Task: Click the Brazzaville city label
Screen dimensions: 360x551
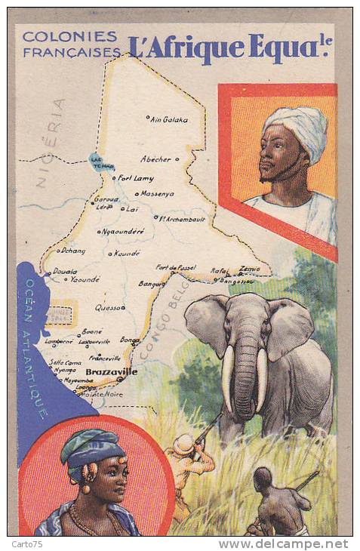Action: (x=112, y=371)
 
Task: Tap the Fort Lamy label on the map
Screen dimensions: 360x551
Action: (x=136, y=178)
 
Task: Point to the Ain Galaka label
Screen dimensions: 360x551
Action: (x=168, y=119)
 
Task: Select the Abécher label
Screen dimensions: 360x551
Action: (x=155, y=159)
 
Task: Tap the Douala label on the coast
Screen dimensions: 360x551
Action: (x=65, y=271)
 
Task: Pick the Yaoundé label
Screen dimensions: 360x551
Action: (x=85, y=279)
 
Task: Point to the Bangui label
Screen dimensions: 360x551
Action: (x=152, y=284)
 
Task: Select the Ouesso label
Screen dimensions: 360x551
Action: (x=109, y=307)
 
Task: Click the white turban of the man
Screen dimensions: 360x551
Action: (x=298, y=125)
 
